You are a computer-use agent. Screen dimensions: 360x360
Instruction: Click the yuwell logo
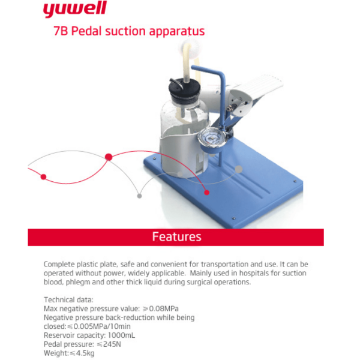75,9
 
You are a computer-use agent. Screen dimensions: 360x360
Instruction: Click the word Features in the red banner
177,237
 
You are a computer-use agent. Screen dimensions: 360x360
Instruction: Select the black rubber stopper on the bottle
184,89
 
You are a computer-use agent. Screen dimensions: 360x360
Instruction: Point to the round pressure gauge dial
211,138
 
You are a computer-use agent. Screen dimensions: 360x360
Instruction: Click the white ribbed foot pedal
257,88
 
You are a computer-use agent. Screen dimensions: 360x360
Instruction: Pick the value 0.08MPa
164,308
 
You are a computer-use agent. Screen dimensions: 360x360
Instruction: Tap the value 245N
112,344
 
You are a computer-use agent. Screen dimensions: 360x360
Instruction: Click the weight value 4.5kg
85,353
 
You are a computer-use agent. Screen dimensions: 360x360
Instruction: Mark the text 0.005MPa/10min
102,326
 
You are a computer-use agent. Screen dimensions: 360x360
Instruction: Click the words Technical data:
68,300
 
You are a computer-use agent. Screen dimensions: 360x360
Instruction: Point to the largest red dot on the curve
109,157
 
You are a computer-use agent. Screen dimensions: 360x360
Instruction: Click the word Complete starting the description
59,264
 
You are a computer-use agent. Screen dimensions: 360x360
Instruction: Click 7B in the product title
61,31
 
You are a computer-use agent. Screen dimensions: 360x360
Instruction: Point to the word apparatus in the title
177,32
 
